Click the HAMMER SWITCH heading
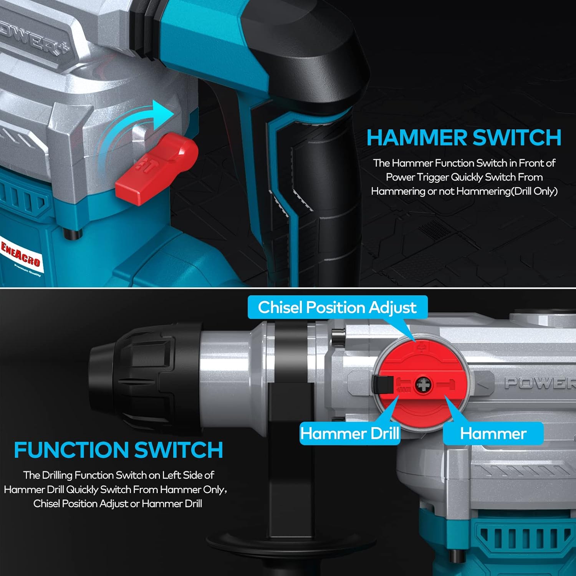pyautogui.click(x=464, y=138)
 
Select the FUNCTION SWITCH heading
pyautogui.click(x=118, y=450)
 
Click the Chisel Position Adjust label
pyautogui.click(x=337, y=307)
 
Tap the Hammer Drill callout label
pyautogui.click(x=349, y=434)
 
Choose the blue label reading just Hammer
pyautogui.click(x=493, y=434)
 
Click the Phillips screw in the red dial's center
pyautogui.click(x=423, y=385)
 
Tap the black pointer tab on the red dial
pyautogui.click(x=382, y=384)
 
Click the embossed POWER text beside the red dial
pyautogui.click(x=540, y=383)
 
